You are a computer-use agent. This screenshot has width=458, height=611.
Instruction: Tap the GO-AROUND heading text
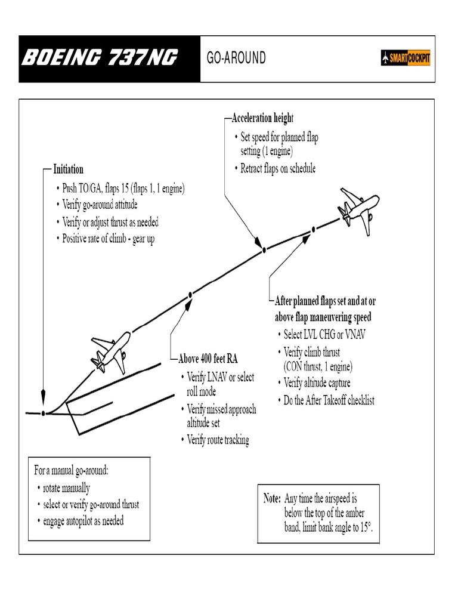[x=236, y=58]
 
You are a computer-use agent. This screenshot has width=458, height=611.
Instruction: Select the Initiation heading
[x=69, y=169]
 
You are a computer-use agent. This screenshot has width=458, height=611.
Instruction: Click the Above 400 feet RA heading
[x=208, y=359]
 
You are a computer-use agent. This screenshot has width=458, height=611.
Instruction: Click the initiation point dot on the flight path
[x=44, y=413]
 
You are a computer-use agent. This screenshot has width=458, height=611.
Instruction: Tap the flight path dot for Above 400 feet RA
[x=190, y=294]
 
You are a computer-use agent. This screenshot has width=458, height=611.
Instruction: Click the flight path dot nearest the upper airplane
[x=313, y=230]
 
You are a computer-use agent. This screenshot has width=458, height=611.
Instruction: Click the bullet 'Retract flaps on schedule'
[x=277, y=169]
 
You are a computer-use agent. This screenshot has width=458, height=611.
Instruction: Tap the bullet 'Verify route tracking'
[x=218, y=440]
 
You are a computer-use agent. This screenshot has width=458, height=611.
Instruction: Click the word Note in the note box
[x=272, y=498]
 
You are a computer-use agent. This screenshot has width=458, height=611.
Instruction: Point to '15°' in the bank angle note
[x=366, y=527]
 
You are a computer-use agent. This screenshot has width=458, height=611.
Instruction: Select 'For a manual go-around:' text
[x=71, y=470]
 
